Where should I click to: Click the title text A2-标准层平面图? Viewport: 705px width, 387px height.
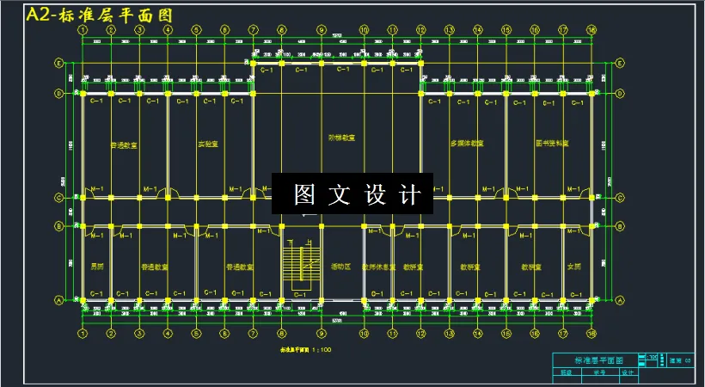(100, 15)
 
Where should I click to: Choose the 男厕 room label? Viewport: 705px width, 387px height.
(96, 267)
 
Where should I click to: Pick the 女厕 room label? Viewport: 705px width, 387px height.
(576, 267)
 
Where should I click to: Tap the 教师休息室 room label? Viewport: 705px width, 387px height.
(378, 267)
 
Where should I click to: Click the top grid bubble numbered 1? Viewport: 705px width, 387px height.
(83, 29)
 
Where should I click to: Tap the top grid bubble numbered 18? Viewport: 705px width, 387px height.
(592, 29)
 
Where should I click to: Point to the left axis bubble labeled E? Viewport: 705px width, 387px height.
(58, 63)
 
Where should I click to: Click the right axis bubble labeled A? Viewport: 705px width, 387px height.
(621, 300)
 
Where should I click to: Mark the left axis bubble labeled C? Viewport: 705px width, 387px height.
(58, 198)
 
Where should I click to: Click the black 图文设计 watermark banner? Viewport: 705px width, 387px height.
(351, 194)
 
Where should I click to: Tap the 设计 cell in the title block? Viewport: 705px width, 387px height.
(627, 373)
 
